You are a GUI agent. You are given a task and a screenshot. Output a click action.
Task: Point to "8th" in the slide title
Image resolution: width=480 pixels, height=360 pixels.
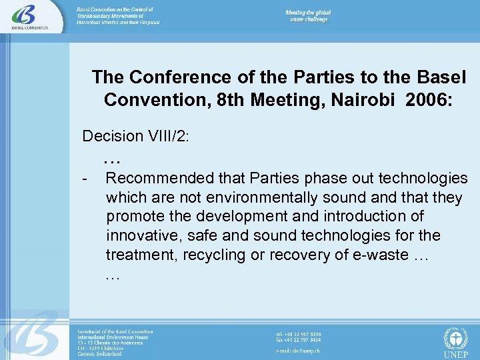(233, 99)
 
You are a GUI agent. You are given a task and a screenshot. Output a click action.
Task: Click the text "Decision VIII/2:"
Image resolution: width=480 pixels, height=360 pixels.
(135, 137)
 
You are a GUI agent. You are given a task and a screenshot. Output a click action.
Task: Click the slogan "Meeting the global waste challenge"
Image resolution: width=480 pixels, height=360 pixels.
(309, 16)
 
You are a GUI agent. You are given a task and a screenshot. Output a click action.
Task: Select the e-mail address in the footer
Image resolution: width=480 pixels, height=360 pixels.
(299, 349)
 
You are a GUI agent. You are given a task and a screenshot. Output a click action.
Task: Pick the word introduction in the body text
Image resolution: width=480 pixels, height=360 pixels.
(365, 217)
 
